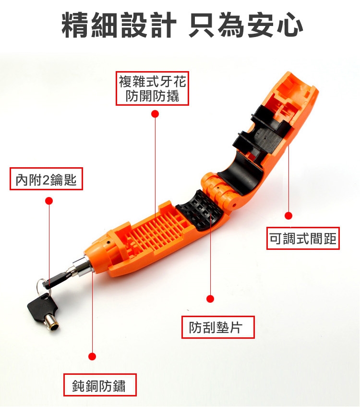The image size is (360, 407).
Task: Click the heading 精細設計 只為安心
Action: tap(182, 25)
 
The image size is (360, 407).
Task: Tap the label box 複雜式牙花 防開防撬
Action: tap(152, 88)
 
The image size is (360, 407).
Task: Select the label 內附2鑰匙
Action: tap(46, 179)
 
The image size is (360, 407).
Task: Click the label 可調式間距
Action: tap(303, 238)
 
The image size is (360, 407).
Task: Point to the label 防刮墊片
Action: tap(218, 327)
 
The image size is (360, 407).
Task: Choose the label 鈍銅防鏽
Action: tap(100, 385)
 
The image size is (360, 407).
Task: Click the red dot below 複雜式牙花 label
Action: tap(155, 114)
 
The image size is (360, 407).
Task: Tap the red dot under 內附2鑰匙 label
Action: tap(49, 201)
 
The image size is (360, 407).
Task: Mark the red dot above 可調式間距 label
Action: tap(288, 215)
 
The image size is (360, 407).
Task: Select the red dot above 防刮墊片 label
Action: tap(210, 298)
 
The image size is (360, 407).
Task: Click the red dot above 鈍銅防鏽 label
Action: tap(92, 357)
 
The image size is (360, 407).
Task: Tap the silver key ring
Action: tap(40, 287)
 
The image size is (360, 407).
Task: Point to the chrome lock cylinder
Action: tap(82, 267)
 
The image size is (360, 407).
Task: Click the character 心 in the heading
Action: tap(290, 25)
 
